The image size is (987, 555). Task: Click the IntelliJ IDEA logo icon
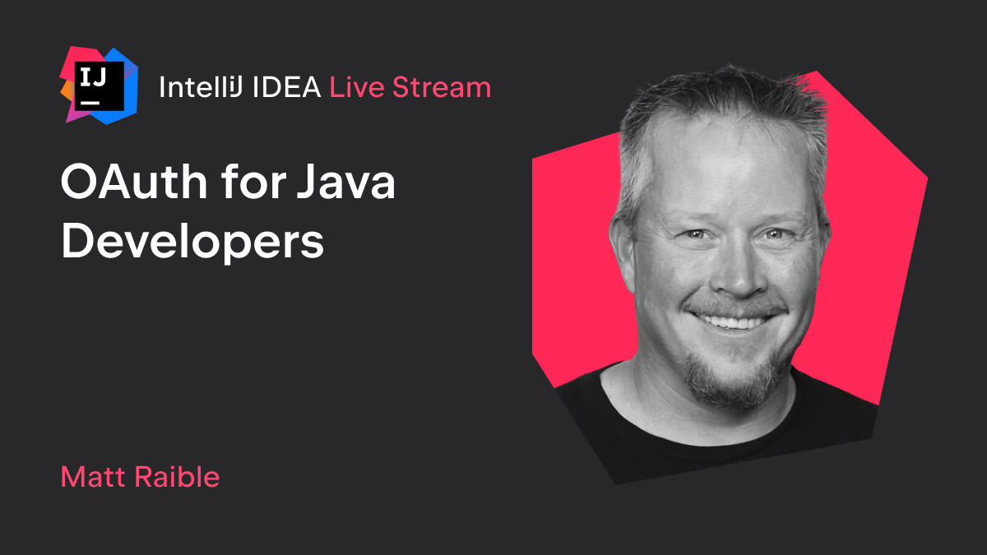point(100,86)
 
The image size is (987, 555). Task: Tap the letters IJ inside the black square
point(93,77)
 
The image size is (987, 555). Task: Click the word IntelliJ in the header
point(201,87)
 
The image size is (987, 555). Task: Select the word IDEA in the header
point(286,87)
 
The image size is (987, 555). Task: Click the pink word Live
point(357,87)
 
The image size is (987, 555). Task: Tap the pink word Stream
point(442,87)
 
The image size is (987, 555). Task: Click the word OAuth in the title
point(134,182)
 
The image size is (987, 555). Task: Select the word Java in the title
point(346,182)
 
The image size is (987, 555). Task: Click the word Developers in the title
point(192,243)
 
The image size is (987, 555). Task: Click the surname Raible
point(177,476)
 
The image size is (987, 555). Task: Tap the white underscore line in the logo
point(90,103)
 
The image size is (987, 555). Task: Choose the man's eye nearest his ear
point(695,234)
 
